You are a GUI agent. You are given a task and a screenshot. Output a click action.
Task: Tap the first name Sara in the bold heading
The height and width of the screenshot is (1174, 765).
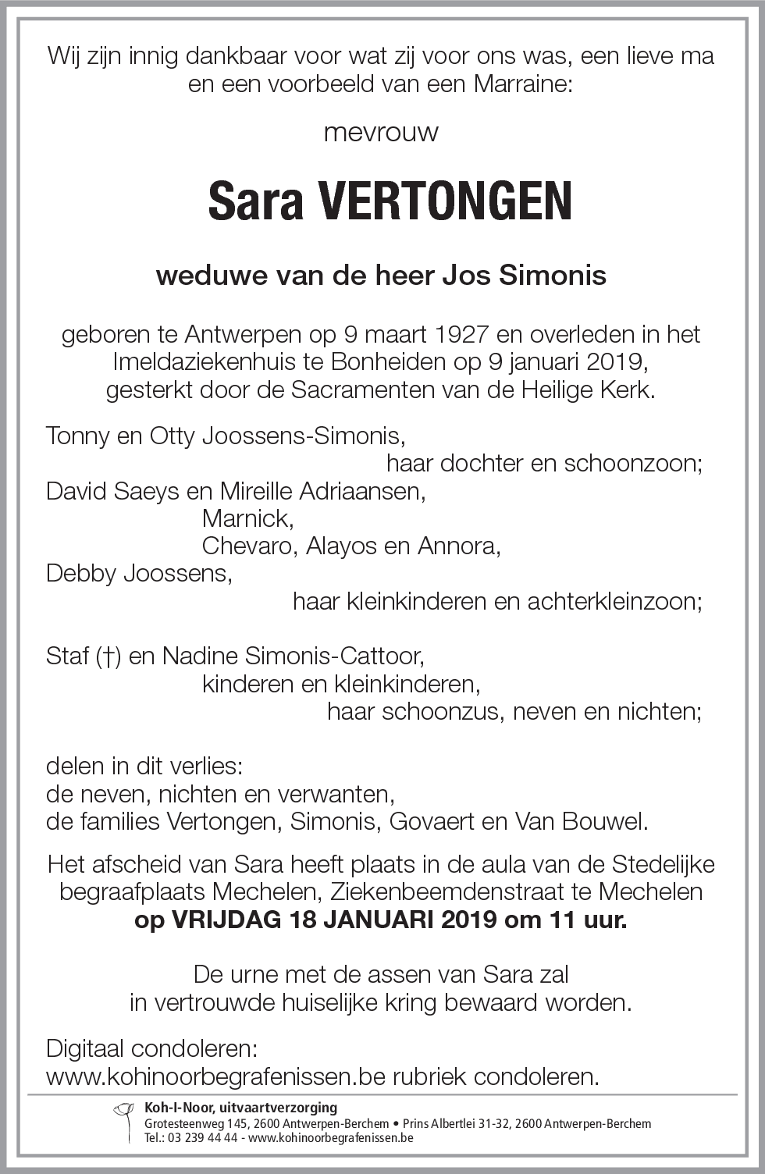tap(255, 201)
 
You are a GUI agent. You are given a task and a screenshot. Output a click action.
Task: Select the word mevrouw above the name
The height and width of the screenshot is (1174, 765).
tap(381, 132)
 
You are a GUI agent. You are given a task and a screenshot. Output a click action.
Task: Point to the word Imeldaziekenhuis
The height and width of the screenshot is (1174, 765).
tap(205, 362)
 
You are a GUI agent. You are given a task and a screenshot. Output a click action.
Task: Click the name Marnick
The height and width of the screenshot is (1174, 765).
tap(247, 518)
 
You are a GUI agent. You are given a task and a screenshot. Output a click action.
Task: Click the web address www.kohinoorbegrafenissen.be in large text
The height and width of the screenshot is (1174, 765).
tap(216, 1076)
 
